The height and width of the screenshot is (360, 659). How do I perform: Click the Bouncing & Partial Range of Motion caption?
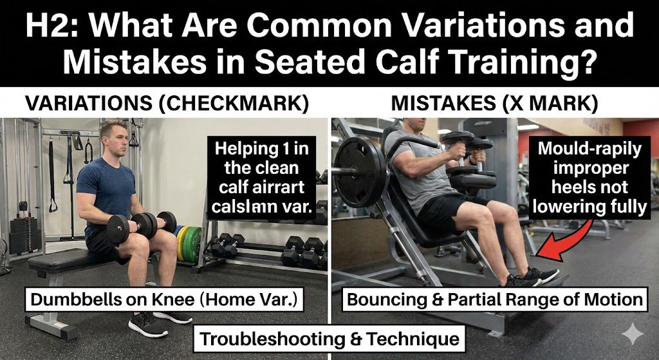click(494, 299)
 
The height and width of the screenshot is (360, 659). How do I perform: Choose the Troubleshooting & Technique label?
click(329, 337)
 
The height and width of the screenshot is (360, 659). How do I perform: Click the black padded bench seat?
click(71, 260)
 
